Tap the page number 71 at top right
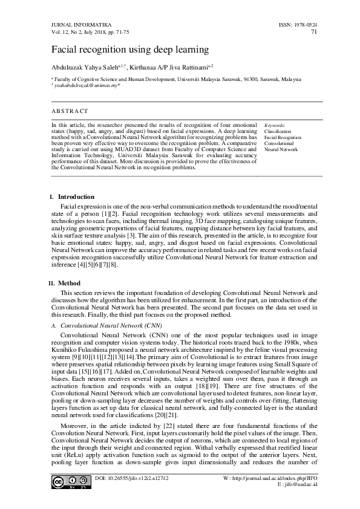pyautogui.click(x=313, y=32)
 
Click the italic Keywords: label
pyautogui.click(x=275, y=125)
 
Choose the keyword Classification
pyautogui.click(x=278, y=131)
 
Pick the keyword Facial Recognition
pyautogui.click(x=282, y=137)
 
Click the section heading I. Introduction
pyautogui.click(x=72, y=197)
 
